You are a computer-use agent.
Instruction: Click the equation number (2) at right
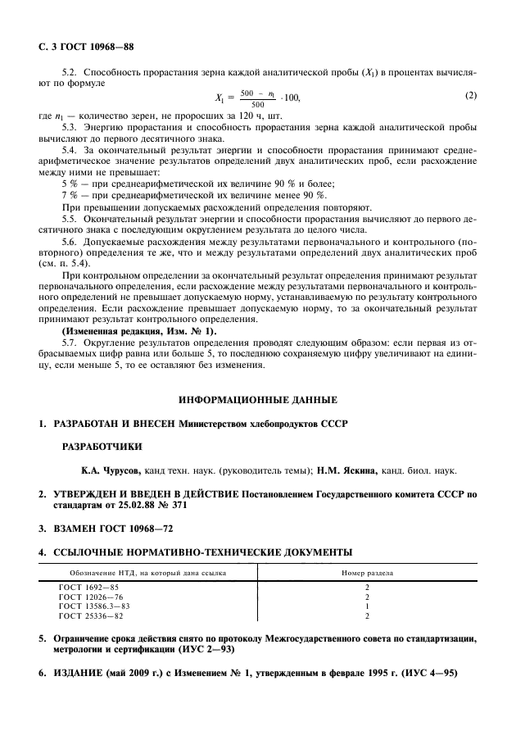pos(470,95)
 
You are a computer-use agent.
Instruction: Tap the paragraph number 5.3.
pos(71,128)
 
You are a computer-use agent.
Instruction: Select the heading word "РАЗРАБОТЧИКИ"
pos(102,447)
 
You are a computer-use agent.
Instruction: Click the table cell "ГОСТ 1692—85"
pos(88,588)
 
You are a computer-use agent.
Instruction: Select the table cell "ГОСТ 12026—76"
pos(91,597)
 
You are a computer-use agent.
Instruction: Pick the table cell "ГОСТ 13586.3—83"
pos(94,606)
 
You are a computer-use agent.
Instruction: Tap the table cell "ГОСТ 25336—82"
pos(91,615)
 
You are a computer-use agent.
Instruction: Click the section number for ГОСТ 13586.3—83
pos(366,606)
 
